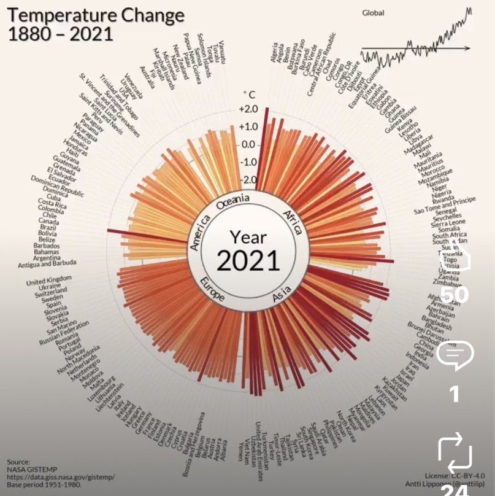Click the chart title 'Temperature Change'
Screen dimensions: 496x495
pyautogui.click(x=96, y=15)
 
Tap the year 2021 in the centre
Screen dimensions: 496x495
pyautogui.click(x=248, y=260)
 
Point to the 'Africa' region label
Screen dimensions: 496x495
pyautogui.click(x=293, y=222)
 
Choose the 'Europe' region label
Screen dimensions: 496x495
pyautogui.click(x=212, y=290)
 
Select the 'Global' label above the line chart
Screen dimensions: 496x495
pyautogui.click(x=373, y=12)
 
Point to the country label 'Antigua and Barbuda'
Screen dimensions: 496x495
pyautogui.click(x=47, y=264)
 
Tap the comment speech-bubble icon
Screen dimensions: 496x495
pyautogui.click(x=455, y=356)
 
